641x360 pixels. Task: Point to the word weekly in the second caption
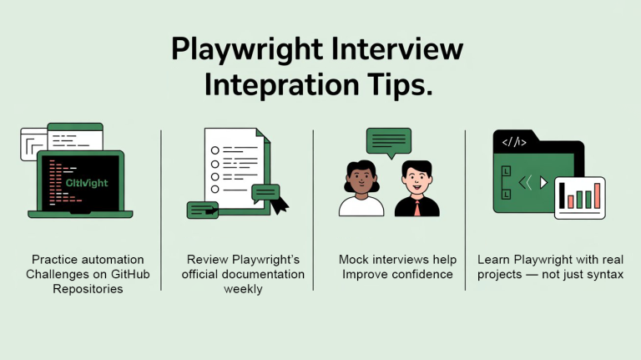coord(243,289)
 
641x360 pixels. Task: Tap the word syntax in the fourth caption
coord(604,274)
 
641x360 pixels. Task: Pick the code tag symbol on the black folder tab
coord(514,143)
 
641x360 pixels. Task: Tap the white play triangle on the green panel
coord(543,181)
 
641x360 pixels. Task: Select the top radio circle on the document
coord(215,150)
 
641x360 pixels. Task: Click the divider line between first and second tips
coord(161,209)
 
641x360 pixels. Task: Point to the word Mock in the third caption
coord(354,260)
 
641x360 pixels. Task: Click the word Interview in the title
coord(396,49)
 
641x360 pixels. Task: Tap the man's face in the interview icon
coord(416,180)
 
